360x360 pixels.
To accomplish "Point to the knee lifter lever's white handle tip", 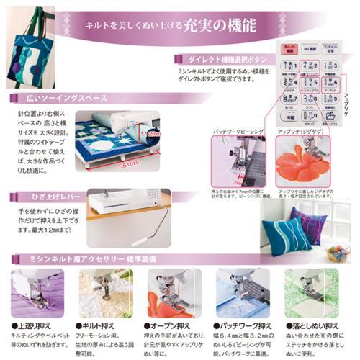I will (x=137, y=241).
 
